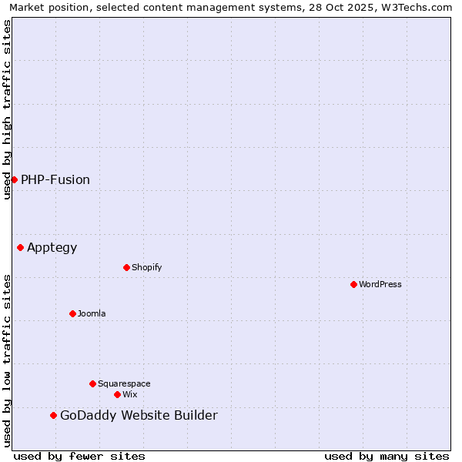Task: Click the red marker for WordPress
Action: [353, 284]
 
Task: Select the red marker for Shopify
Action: [126, 267]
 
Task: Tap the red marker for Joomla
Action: [72, 313]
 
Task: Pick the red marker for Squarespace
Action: [92, 383]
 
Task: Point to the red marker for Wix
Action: [117, 394]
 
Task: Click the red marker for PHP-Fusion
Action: [14, 179]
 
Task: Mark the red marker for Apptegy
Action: [20, 247]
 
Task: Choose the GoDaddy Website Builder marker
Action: [53, 415]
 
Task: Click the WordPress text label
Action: [380, 284]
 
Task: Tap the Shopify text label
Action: [146, 267]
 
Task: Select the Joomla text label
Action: [92, 313]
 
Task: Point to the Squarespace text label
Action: [124, 383]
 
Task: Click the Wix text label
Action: [129, 394]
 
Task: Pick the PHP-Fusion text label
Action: [55, 180]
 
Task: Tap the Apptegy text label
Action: [52, 248]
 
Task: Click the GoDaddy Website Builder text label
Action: [139, 416]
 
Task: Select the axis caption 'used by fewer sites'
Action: [79, 456]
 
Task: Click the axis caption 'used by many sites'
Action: [387, 456]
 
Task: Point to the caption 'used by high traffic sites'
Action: [8, 109]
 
